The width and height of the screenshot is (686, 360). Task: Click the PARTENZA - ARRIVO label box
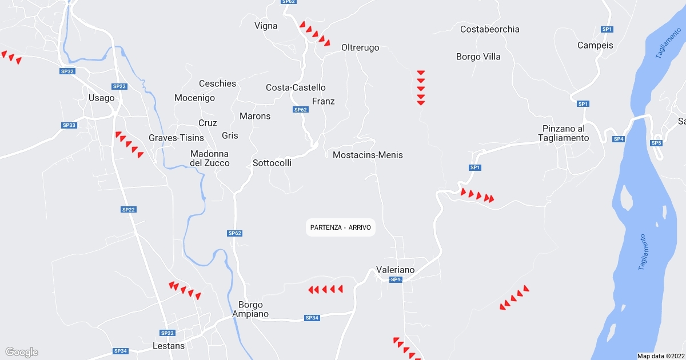pos(341,227)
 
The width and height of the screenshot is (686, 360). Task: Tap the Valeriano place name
pos(395,270)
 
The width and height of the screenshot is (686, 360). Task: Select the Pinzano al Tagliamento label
pos(563,133)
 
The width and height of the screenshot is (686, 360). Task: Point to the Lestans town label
pos(169,346)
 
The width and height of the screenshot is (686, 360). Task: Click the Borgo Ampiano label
pos(250,309)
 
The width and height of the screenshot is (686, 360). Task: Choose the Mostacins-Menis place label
pos(368,155)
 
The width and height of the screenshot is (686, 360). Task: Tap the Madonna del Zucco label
pos(210,158)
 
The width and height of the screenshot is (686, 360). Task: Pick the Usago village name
pos(101,98)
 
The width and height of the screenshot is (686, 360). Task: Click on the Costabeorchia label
pos(490,29)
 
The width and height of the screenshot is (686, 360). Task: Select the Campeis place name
pos(595,45)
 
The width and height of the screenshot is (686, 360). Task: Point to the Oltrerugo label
pos(360,47)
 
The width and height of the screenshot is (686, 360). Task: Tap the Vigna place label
pos(266,26)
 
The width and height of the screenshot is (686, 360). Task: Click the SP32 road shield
pos(67,71)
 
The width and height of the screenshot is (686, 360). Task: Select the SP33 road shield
pos(69,125)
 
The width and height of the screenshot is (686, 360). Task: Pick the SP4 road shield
pos(619,139)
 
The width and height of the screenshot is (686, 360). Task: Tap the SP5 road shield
pos(656,142)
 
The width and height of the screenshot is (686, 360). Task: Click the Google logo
pos(21,352)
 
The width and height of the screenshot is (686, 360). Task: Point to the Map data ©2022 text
pos(660,356)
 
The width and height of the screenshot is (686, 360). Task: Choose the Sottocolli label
pos(272,163)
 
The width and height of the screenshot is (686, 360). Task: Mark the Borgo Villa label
pos(478,57)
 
